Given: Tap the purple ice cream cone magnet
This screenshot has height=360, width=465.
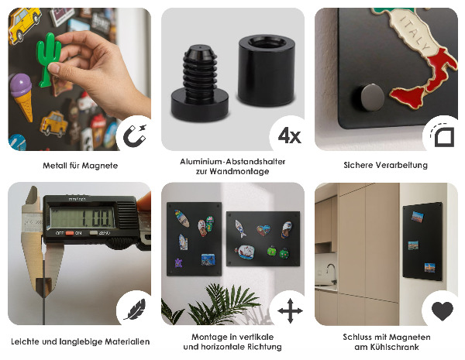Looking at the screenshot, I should click(22, 92).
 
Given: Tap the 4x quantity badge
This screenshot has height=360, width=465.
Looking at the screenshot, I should click(288, 135).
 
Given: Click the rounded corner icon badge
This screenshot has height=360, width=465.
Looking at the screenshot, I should click(442, 135).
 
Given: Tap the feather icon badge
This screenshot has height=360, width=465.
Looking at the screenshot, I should click(133, 310).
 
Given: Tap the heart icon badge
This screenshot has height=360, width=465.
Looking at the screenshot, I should click(442, 310).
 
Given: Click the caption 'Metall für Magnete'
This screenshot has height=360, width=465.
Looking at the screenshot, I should click(80, 166).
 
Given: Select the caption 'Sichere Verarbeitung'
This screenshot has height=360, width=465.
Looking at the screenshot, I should click(384, 166).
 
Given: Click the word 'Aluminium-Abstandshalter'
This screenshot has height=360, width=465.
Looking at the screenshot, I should click(232, 161).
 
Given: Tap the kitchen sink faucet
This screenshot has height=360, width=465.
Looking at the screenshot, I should click(330, 270).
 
